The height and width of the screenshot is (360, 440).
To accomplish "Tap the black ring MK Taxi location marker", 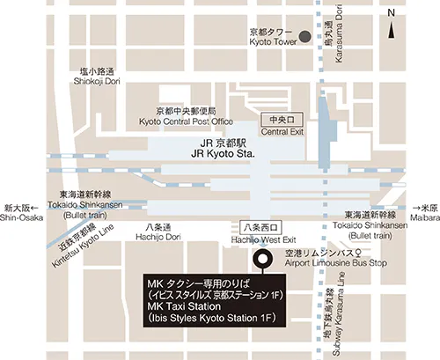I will tap(261, 259).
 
